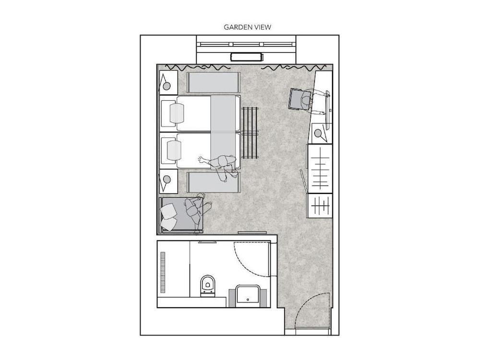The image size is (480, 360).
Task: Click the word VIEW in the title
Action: coord(263,27)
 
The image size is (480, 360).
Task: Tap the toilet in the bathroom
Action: coord(207,285)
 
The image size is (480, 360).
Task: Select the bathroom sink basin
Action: coord(248,294)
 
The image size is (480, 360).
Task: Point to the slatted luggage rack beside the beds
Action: coord(250,132)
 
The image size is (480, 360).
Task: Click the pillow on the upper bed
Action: coord(177,113)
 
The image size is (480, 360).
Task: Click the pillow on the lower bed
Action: coord(174,150)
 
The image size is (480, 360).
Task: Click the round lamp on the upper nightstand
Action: coord(167,86)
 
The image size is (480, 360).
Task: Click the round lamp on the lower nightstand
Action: coord(167,179)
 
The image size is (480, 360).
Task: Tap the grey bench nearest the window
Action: coord(213,83)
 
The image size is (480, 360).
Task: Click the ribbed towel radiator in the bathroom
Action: coord(162,273)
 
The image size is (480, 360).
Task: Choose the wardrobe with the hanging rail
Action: coord(320,168)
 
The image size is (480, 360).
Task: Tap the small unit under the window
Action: coord(247,57)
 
